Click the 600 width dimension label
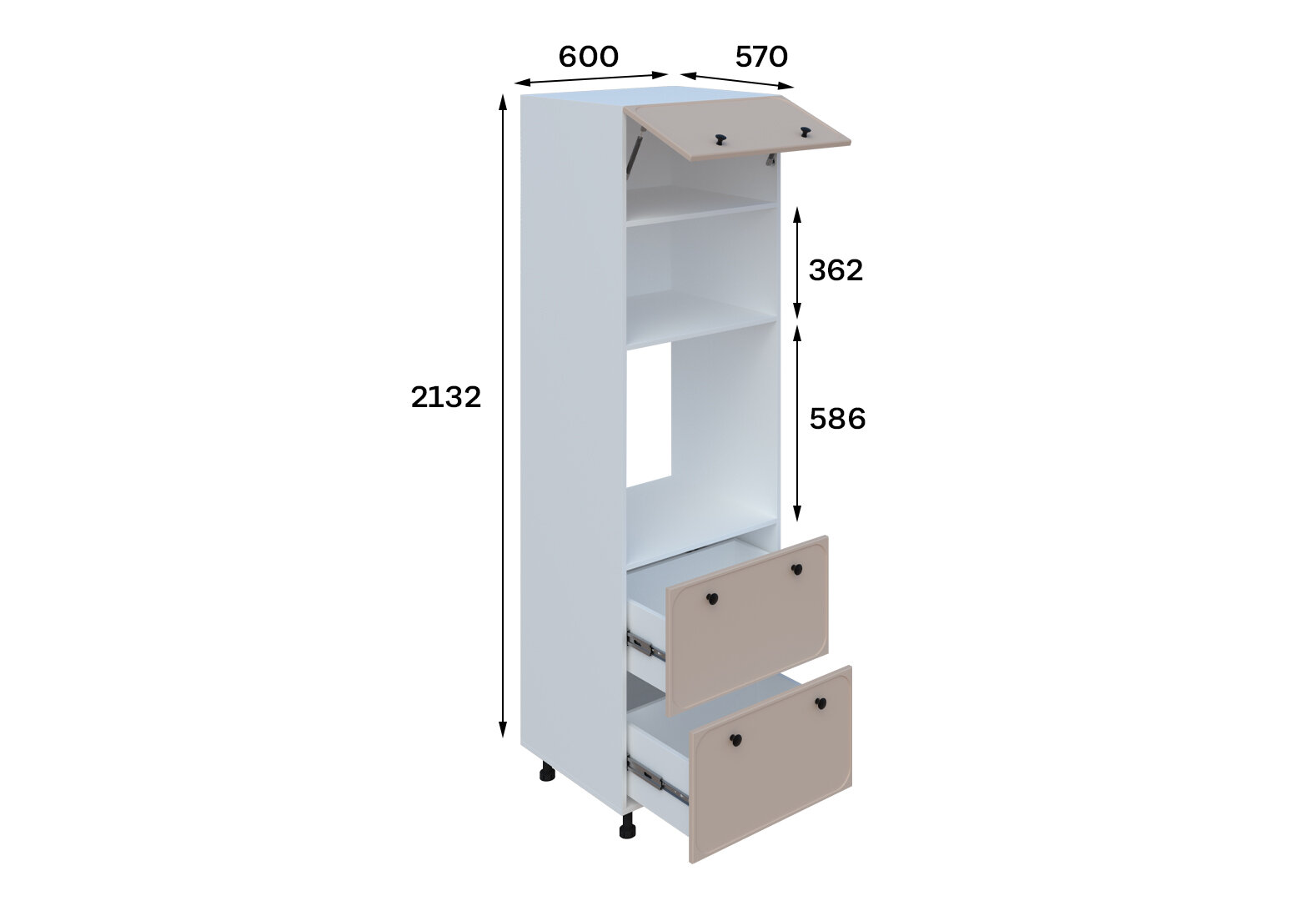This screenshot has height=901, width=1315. click(x=588, y=57)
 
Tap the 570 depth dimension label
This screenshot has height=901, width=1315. click(x=761, y=57)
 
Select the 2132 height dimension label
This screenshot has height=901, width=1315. click(x=445, y=397)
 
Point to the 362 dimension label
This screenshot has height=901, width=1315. click(x=836, y=270)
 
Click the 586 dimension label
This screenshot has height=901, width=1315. click(x=837, y=419)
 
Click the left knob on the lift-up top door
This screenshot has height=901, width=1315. click(x=720, y=140)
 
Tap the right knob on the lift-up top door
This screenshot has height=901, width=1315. click(x=805, y=132)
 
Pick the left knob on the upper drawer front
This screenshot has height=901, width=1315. click(x=711, y=598)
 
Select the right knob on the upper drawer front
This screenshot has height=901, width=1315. click(x=796, y=569)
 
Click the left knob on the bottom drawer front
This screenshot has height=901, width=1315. click(x=735, y=740)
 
